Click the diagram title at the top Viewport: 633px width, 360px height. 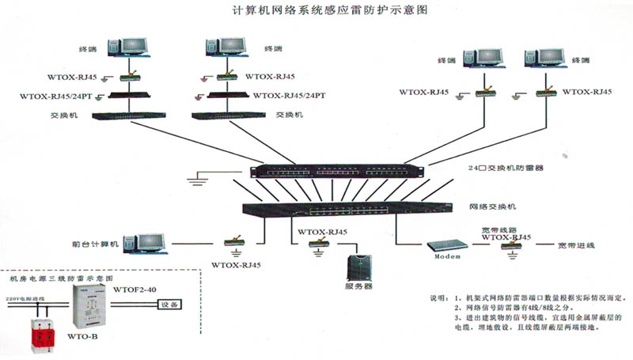pos(316,11)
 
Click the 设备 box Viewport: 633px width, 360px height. pos(170,304)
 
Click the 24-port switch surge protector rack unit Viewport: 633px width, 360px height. pos(339,170)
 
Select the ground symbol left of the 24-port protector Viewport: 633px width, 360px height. pos(199,181)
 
